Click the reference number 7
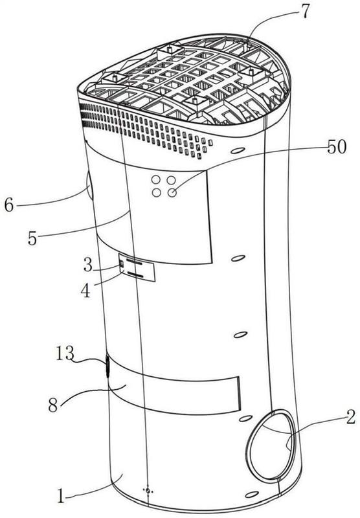304,12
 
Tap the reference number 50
337,146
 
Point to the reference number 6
9,205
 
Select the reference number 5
32,238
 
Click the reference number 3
88,265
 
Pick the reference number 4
86,291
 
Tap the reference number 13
64,353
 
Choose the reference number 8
53,404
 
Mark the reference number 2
351,417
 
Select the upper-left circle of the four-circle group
155,180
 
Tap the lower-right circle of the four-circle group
172,192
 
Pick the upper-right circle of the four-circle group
171,180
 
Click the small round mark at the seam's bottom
148,490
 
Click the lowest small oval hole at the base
252,494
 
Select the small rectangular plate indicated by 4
137,267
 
